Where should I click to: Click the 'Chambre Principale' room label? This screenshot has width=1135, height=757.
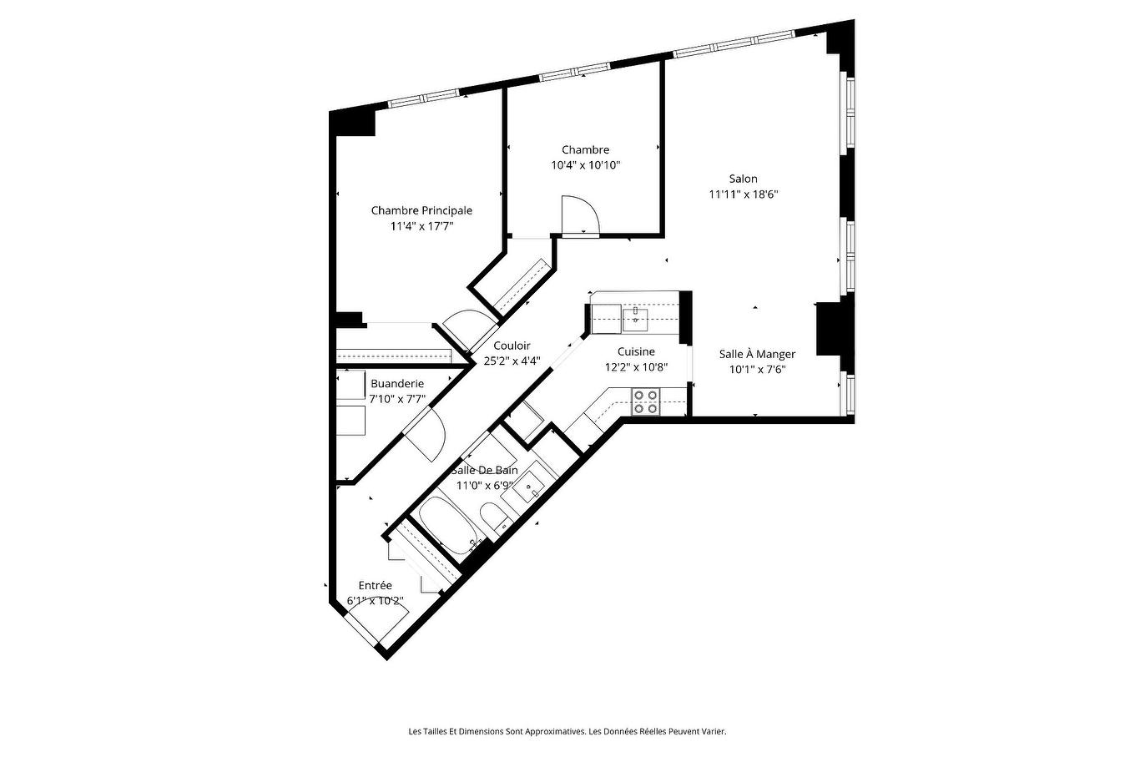(421, 210)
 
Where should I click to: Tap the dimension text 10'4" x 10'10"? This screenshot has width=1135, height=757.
(585, 165)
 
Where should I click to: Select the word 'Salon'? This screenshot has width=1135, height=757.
(743, 179)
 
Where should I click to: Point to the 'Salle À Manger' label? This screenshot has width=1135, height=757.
(757, 354)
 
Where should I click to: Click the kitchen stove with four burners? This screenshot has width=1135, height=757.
(645, 401)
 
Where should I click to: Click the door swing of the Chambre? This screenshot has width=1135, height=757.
(579, 214)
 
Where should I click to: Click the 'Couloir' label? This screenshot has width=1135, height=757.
(512, 346)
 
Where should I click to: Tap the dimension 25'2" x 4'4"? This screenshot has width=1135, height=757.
(512, 361)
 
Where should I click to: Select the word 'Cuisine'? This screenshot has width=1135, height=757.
(636, 351)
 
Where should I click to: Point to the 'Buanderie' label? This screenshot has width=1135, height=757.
(397, 384)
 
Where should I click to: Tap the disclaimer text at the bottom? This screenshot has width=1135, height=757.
(567, 731)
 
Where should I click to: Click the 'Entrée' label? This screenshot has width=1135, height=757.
(375, 585)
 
